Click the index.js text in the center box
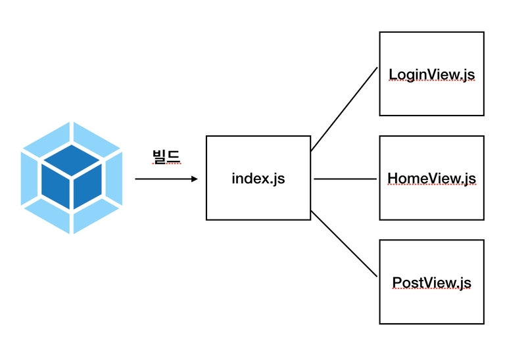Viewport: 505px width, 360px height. (258, 178)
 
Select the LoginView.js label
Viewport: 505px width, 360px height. (431, 74)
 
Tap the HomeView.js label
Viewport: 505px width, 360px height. (431, 178)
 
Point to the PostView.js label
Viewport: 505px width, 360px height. (431, 282)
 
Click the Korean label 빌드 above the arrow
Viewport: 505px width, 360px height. (166, 157)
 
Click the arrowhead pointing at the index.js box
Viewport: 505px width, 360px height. (194, 179)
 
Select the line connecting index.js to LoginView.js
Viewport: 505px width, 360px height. (344, 109)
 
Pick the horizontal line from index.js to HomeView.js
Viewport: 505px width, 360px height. (345, 179)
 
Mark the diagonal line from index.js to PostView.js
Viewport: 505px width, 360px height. (344, 244)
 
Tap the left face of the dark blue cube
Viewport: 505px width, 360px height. (55, 188)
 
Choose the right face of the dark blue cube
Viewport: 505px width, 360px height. (87, 188)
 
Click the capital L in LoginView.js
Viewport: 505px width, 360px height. (393, 74)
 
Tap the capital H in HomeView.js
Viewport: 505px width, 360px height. (392, 178)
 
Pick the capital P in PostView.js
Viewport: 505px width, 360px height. (397, 282)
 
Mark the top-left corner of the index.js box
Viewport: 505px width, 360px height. (206, 137)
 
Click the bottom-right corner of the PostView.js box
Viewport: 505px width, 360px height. (484, 324)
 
